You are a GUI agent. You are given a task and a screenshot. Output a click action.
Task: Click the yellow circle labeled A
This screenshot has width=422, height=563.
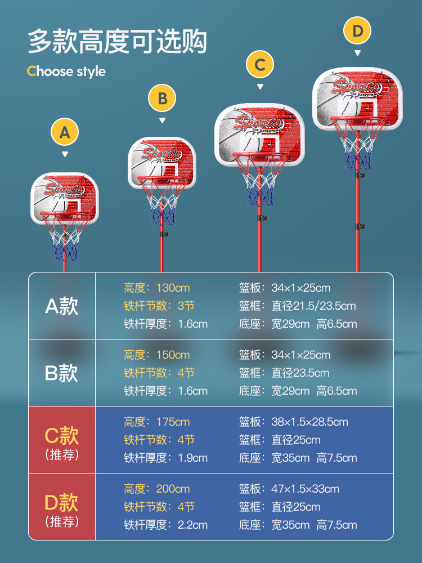click(x=65, y=132)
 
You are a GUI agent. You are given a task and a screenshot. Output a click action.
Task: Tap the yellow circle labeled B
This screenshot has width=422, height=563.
click(x=162, y=99)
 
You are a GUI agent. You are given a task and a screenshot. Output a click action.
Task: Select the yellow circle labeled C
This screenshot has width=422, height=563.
click(x=259, y=65)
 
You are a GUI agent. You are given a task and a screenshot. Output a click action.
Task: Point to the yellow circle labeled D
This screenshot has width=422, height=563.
click(x=357, y=31)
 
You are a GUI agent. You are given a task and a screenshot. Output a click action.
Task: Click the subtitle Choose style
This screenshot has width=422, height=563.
click(x=66, y=72)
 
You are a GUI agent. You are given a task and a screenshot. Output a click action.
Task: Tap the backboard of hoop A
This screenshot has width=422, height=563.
click(x=65, y=191)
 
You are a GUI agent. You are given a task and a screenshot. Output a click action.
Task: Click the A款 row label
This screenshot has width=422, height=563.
click(x=62, y=306)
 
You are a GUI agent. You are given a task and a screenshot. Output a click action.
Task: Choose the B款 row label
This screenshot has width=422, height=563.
click(x=62, y=373)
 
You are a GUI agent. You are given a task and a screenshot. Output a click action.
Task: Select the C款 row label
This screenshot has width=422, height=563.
click(x=62, y=436)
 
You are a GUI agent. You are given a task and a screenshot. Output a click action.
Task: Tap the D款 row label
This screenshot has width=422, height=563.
click(x=62, y=502)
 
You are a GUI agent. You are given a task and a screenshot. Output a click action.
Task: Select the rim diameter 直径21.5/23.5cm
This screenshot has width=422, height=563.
click(x=314, y=306)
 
